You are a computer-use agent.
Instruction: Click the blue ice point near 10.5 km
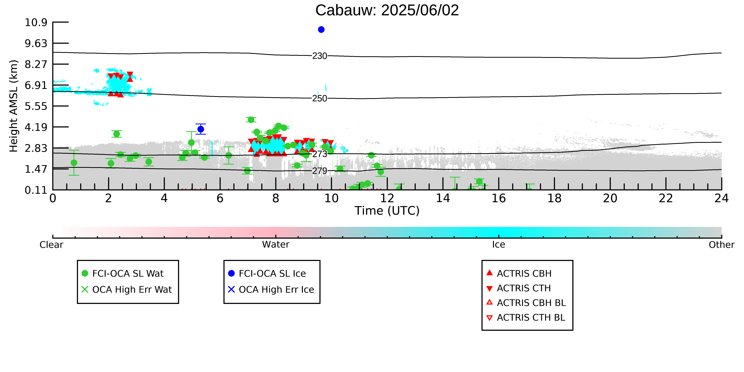[321, 29]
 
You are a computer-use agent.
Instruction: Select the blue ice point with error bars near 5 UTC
[201, 129]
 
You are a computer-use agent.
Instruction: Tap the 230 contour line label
[320, 56]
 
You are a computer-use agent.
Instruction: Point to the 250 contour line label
[320, 98]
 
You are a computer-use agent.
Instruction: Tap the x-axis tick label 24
[722, 198]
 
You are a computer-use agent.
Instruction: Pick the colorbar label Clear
[51, 245]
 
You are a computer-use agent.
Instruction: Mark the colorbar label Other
[722, 245]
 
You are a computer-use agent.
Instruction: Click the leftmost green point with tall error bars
[74, 163]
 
